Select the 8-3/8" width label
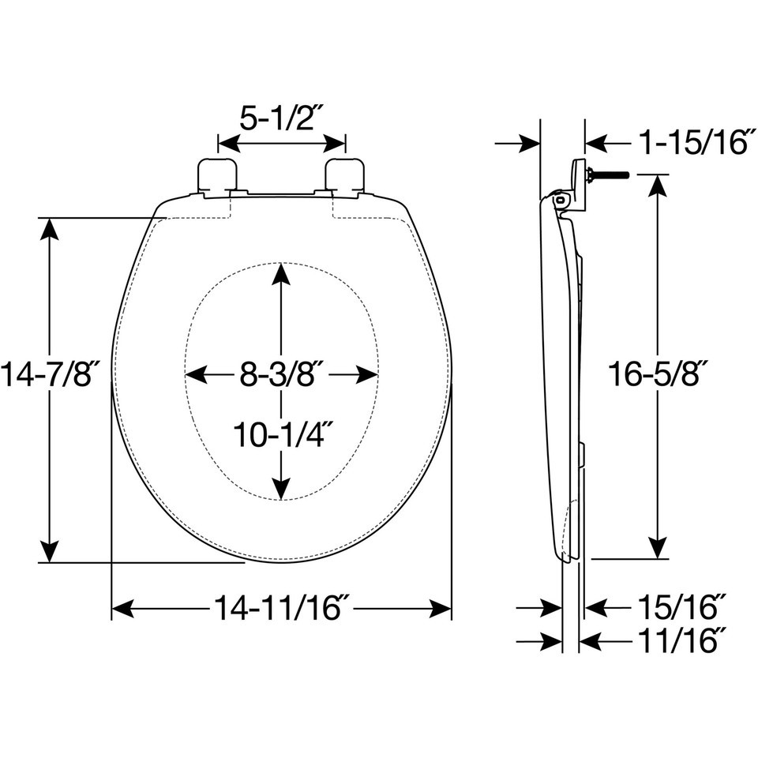pos(282,374)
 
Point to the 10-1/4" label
pos(283,434)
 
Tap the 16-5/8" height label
pos(658,373)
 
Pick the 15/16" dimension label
pos(682,607)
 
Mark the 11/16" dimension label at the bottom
pos(682,641)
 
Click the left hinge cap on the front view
pos(217,176)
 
